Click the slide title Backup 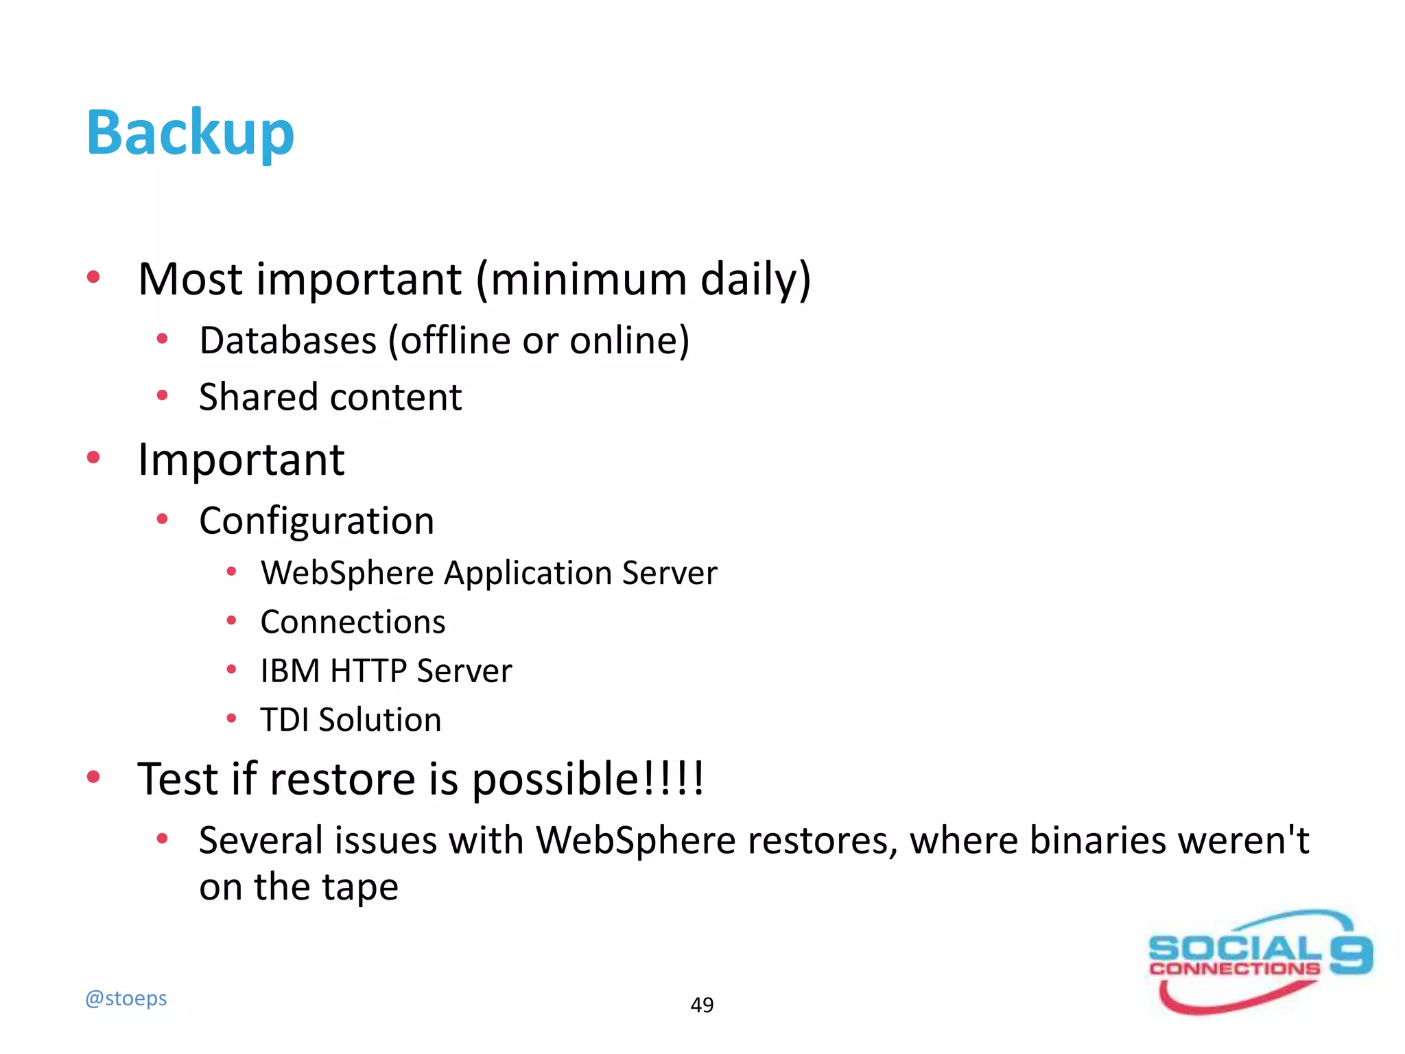tap(190, 133)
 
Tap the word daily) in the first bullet tap(755, 280)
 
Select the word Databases tap(288, 340)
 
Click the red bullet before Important tap(94, 458)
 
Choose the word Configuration tap(316, 521)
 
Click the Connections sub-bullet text tap(353, 622)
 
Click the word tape tap(360, 887)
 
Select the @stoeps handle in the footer tap(126, 998)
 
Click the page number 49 tap(702, 1005)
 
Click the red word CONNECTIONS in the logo tap(1234, 969)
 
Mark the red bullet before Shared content tap(163, 395)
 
